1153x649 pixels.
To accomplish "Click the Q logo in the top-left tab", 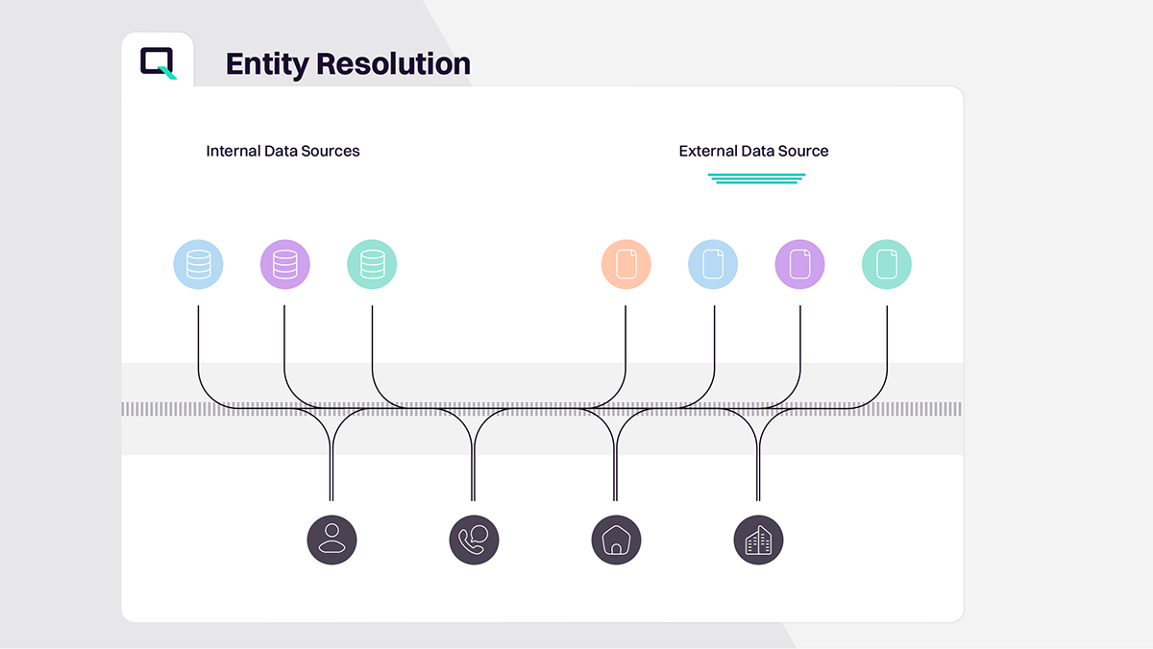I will (x=158, y=62).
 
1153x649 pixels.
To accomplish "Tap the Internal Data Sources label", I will (x=282, y=151).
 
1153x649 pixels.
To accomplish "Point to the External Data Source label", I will (x=753, y=151).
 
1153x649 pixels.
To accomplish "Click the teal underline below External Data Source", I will (x=756, y=179).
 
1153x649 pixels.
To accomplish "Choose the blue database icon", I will (x=198, y=264).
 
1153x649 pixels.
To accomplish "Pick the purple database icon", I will (x=285, y=264).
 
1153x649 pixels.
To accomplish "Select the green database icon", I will (x=372, y=264).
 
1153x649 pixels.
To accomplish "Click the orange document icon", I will (x=626, y=264).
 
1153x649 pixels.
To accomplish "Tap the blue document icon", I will (x=713, y=264).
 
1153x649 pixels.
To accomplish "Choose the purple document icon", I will (x=799, y=264).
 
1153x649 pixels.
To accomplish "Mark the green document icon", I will (x=886, y=264).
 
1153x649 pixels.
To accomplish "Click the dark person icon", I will (x=331, y=540).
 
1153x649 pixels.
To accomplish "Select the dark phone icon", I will (x=474, y=540).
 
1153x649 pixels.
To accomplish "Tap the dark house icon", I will (x=615, y=540).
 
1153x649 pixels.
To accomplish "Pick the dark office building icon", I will (x=758, y=540).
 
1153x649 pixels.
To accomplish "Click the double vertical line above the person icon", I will (x=331, y=475).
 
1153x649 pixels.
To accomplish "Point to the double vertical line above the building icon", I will (x=758, y=475).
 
